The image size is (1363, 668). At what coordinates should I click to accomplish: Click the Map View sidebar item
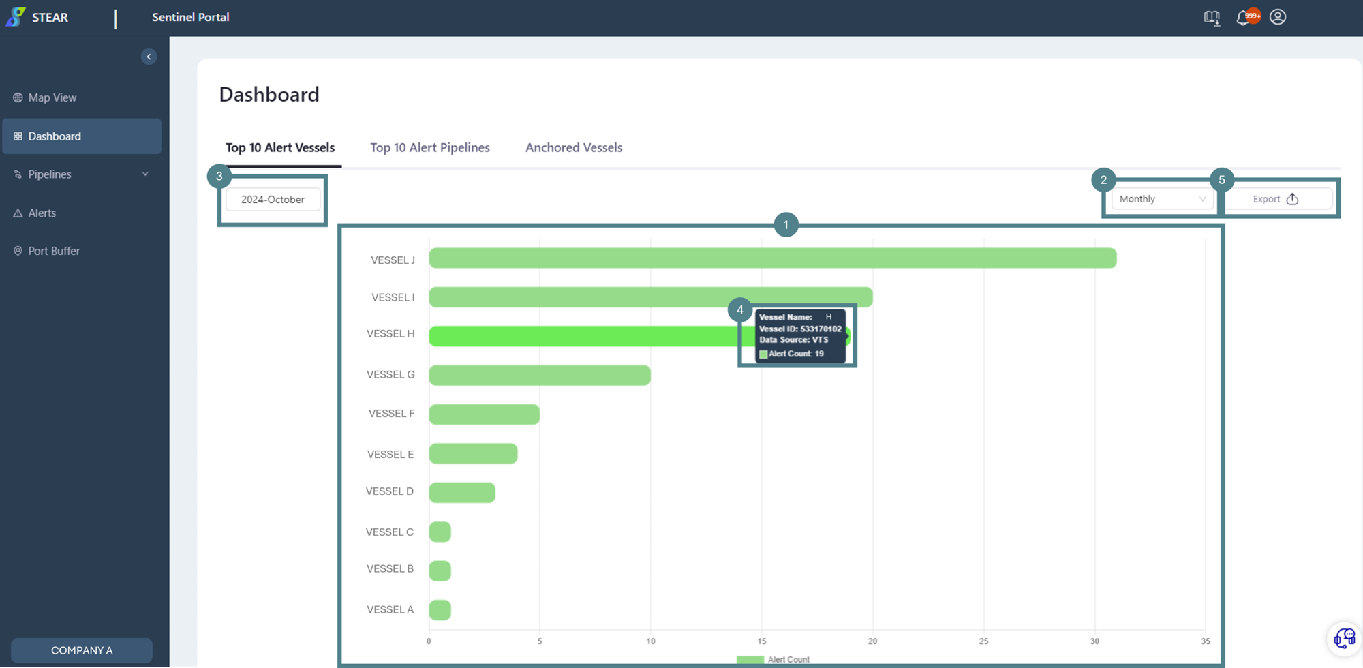pos(52,97)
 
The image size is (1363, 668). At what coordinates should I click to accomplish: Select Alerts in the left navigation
pos(42,213)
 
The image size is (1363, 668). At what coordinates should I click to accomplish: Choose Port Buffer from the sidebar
pos(53,251)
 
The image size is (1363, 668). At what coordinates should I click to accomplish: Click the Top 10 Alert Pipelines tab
pos(429,148)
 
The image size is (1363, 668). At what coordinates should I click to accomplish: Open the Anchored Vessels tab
pos(573,148)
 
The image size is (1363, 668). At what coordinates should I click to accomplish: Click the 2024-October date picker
pos(273,200)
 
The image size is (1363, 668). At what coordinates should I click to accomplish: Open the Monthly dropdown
pos(1162,199)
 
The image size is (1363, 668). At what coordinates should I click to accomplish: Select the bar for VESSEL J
pos(772,258)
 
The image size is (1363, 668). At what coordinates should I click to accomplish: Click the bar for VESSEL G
pos(539,376)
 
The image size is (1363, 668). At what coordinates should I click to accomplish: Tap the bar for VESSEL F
pos(484,414)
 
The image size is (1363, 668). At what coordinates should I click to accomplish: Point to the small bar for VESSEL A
pos(440,610)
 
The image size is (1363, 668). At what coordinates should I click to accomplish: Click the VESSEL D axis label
pos(389,491)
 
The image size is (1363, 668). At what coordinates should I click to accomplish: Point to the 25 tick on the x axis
pos(983,641)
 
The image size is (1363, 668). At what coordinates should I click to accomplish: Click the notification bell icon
pos(1242,18)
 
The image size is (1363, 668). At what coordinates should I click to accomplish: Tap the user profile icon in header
pos(1278,17)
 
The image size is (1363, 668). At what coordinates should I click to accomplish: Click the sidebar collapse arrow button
pos(149,57)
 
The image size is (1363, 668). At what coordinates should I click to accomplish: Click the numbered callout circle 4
pos(739,310)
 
